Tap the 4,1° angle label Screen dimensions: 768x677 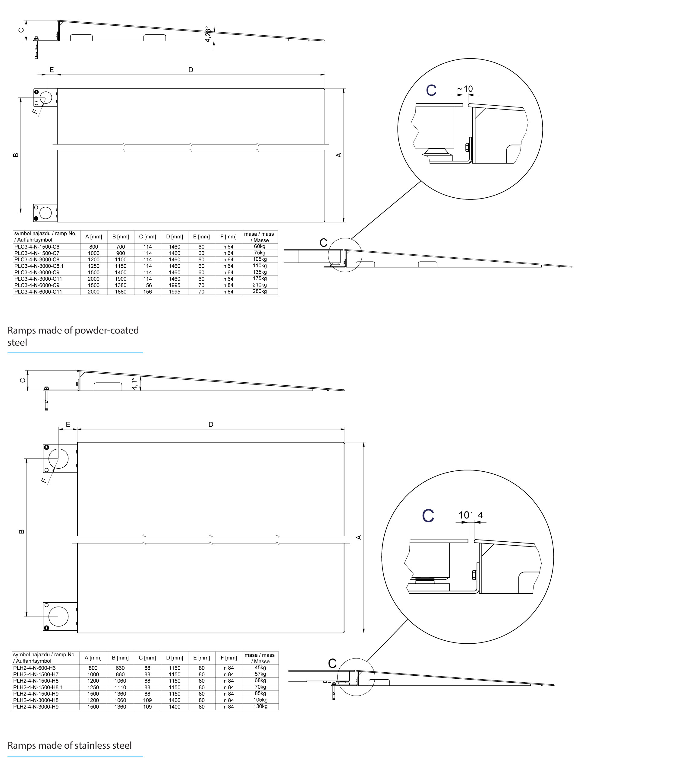135,384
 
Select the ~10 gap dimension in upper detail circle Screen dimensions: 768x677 465,89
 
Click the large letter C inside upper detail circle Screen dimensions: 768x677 431,90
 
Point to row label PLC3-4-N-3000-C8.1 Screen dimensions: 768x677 39,266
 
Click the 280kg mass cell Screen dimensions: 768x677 260,291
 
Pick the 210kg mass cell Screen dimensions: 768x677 260,285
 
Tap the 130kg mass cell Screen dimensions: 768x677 260,706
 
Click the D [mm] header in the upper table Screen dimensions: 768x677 175,237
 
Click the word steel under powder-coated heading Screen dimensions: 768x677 17,343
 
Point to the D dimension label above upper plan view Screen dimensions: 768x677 191,70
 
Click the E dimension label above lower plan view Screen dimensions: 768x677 68,424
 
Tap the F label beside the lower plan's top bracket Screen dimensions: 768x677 44,480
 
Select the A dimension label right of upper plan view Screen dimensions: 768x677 339,155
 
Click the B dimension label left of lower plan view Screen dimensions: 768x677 21,532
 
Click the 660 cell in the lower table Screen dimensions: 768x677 120,668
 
